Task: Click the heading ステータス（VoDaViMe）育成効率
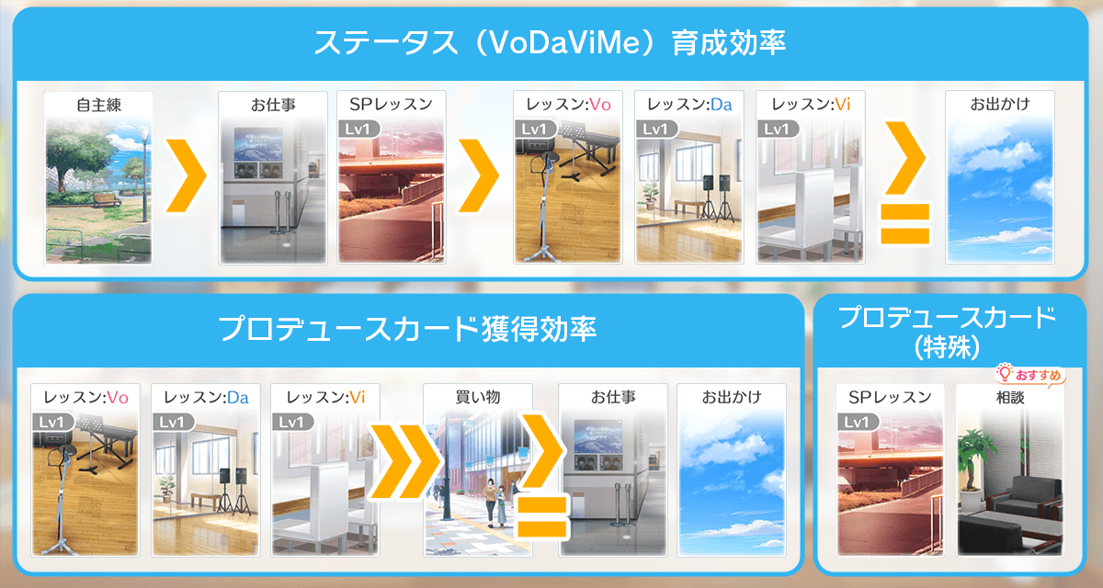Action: [x=550, y=43]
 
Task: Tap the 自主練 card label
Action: [x=98, y=105]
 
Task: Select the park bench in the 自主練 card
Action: [x=107, y=199]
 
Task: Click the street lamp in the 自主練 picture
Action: [x=144, y=174]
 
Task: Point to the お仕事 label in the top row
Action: [x=273, y=105]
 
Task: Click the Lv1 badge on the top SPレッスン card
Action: [x=359, y=130]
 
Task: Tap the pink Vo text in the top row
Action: [x=600, y=105]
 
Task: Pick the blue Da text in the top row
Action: [x=722, y=105]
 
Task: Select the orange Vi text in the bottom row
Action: [x=358, y=398]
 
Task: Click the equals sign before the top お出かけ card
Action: [x=904, y=223]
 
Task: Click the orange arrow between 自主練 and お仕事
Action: [x=185, y=175]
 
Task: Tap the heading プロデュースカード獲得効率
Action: [x=408, y=329]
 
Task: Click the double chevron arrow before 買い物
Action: [x=404, y=462]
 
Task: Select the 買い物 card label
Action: [x=478, y=397]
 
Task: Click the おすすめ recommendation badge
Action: [x=1030, y=375]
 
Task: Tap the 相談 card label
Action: [x=1010, y=397]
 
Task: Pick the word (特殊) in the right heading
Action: [x=947, y=348]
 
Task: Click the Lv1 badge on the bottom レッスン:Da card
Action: [x=173, y=423]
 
